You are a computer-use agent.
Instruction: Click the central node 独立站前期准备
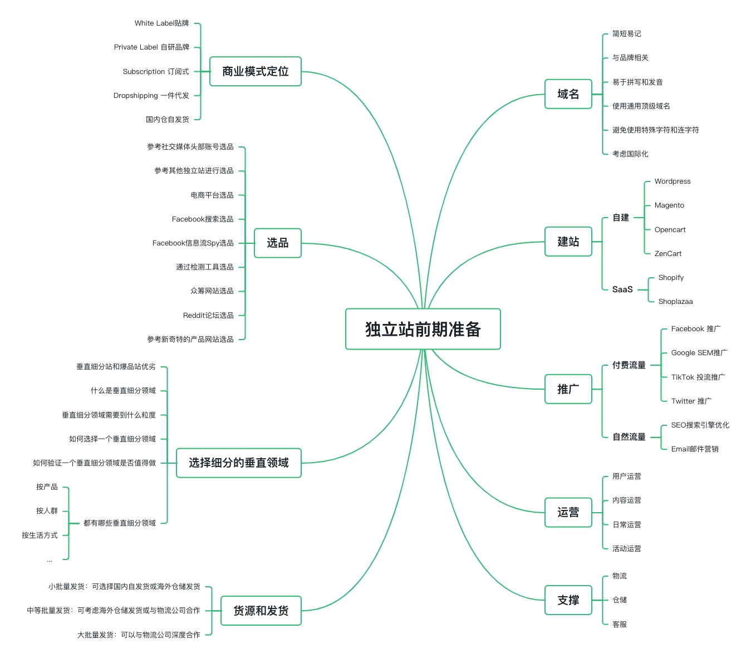[423, 329]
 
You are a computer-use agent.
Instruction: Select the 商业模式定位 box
[255, 71]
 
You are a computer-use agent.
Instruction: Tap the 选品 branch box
[277, 243]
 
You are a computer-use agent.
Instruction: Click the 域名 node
[568, 94]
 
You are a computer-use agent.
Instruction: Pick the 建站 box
[568, 242]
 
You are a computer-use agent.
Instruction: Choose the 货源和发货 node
[261, 611]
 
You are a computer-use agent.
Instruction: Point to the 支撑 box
[568, 600]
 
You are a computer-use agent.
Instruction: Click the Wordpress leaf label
[672, 181]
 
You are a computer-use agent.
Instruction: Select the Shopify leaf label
[671, 278]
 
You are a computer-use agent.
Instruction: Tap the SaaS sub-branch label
[622, 289]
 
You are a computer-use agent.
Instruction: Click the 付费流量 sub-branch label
[629, 365]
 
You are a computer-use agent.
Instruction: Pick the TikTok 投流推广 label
[698, 377]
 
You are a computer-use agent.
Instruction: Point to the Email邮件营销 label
[694, 449]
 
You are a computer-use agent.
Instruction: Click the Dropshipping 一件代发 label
[151, 96]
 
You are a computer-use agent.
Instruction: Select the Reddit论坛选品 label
[208, 316]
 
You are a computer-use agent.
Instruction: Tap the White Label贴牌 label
[161, 23]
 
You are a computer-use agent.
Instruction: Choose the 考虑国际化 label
[630, 154]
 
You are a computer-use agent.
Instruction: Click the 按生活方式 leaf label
[40, 536]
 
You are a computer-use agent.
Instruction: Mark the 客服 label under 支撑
[619, 625]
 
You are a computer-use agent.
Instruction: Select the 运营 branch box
[568, 512]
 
